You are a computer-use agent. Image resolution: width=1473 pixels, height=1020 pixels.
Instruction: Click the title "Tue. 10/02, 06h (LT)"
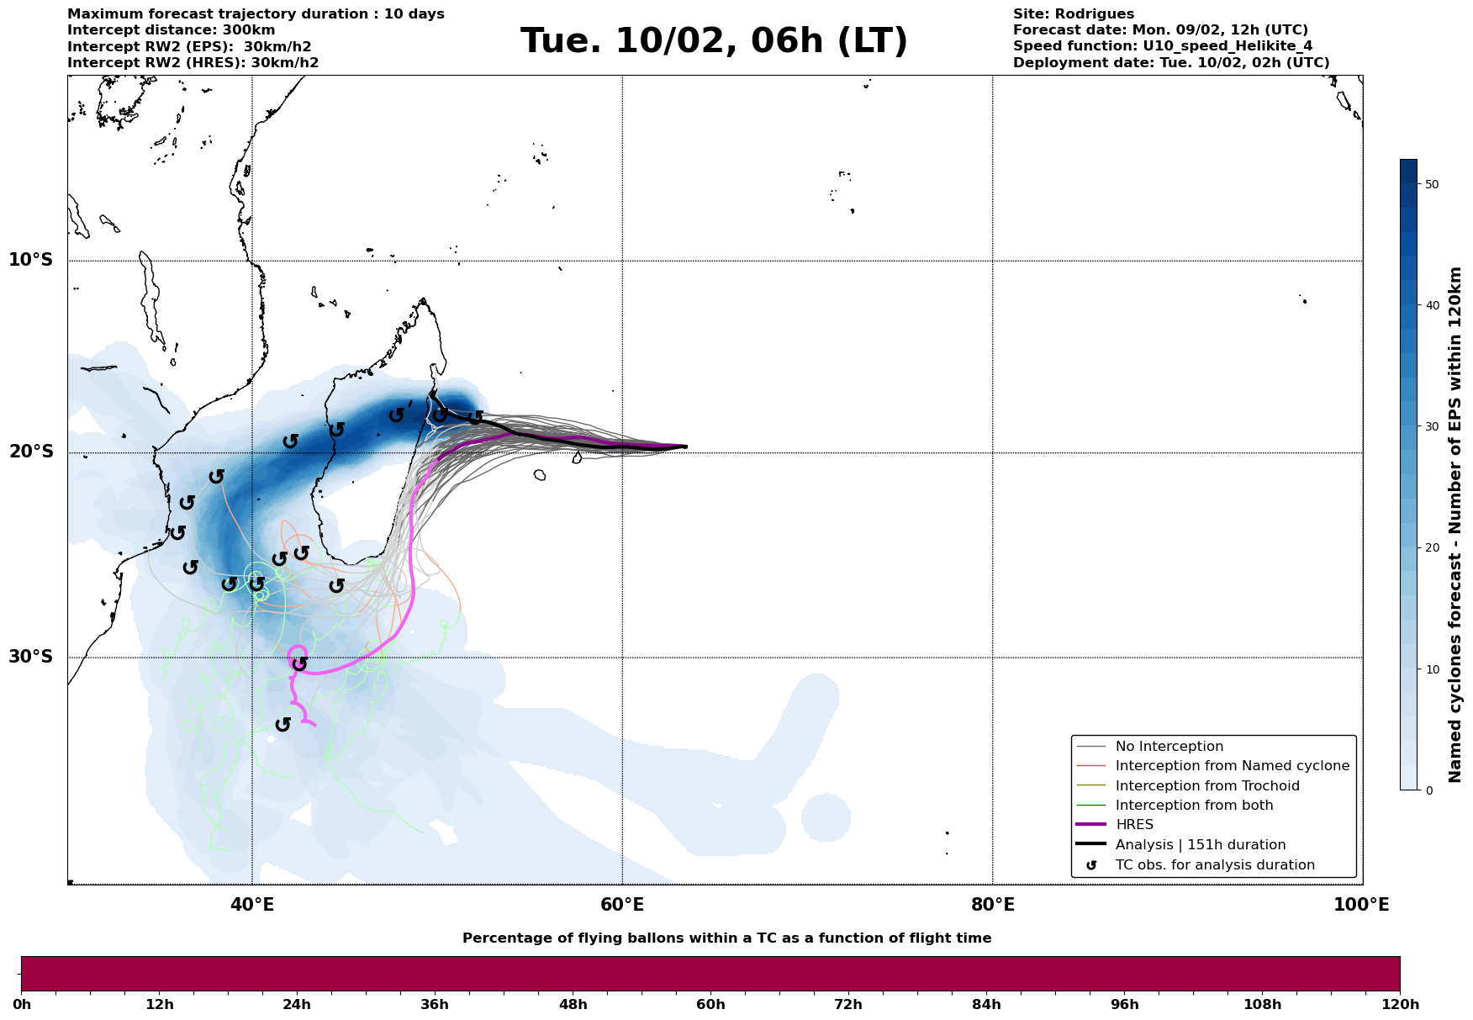[x=714, y=40]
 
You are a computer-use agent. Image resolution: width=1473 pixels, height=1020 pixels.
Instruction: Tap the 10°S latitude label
[x=31, y=260]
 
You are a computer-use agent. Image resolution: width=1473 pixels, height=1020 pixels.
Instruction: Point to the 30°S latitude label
[x=31, y=657]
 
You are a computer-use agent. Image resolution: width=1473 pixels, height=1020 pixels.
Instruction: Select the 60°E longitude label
[x=622, y=905]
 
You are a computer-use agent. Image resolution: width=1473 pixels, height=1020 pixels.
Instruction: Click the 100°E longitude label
[x=1361, y=905]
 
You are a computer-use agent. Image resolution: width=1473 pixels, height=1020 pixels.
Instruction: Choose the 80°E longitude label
[x=992, y=905]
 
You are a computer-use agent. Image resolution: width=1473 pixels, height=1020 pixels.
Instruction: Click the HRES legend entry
[x=1134, y=825]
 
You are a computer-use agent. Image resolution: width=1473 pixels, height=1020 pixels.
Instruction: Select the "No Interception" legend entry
[x=1169, y=747]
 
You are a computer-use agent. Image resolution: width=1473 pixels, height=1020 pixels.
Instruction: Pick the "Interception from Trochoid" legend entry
[x=1206, y=786]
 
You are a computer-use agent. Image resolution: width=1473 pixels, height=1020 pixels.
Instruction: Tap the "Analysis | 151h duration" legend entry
[x=1200, y=845]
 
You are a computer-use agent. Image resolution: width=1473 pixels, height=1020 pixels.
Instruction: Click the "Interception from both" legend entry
[x=1194, y=806]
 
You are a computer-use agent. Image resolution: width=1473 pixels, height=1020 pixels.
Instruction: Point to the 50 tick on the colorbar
[x=1432, y=184]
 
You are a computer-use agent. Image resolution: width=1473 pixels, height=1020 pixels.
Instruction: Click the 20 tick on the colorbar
[x=1432, y=547]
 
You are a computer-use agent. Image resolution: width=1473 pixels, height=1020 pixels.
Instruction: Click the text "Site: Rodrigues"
[x=1073, y=14]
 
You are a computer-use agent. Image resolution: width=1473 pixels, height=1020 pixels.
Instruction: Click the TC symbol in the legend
[x=1091, y=865]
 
